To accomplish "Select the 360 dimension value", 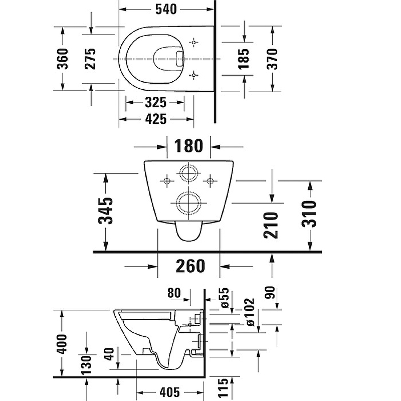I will [62, 59].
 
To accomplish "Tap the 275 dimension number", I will [91, 59].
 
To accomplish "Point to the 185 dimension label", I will [244, 59].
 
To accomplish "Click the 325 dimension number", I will [155, 103].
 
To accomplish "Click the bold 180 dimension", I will [188, 146].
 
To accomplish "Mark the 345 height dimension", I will [106, 211].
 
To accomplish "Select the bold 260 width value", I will [190, 266].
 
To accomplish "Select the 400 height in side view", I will [62, 343].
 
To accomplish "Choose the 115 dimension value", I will [223, 388].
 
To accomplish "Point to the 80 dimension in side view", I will [174, 293].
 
